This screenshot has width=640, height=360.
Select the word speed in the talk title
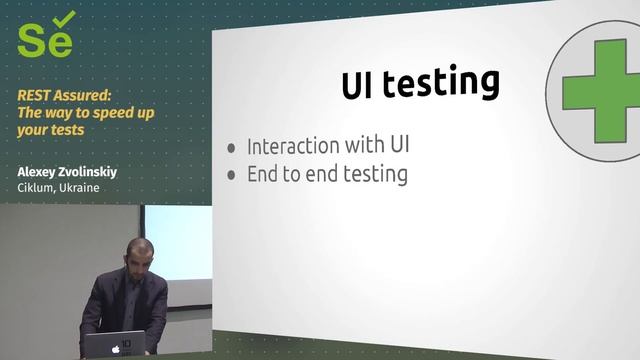[x=111, y=113]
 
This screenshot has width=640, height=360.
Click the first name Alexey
[x=39, y=171]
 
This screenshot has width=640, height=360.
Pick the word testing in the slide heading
[x=442, y=82]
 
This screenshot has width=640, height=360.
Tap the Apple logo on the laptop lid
[x=115, y=348]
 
